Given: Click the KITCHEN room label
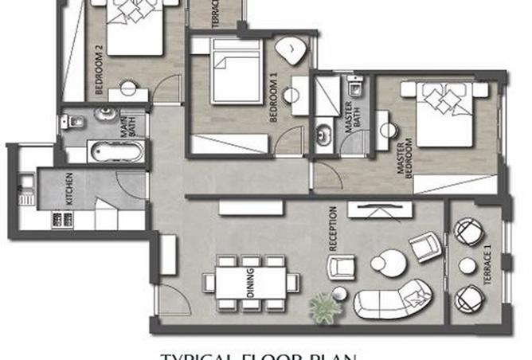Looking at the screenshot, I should tap(69, 190).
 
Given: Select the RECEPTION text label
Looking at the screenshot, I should tap(332, 229).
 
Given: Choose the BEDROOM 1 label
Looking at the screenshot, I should tap(273, 102).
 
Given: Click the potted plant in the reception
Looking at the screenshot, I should tap(323, 306).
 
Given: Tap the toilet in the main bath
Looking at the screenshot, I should tap(74, 122).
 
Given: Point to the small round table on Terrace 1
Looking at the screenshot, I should tap(467, 265).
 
